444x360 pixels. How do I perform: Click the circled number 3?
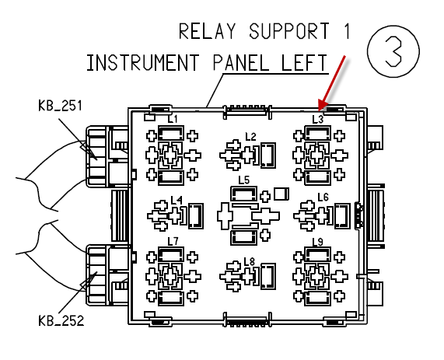[393, 51]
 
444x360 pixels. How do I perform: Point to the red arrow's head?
[322, 105]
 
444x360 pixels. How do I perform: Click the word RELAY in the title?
[208, 31]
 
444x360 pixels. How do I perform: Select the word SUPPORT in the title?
[289, 31]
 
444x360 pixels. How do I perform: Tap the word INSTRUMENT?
[143, 63]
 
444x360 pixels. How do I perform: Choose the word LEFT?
[304, 63]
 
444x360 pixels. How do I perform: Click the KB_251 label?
[60, 106]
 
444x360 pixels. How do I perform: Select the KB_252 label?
[61, 321]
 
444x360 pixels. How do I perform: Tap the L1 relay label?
[173, 119]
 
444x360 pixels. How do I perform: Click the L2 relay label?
[250, 137]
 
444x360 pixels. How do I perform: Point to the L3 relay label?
[318, 119]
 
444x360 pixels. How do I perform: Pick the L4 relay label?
[177, 201]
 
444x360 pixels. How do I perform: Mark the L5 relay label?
[244, 180]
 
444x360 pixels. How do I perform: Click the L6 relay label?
[323, 197]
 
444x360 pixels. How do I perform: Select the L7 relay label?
[173, 241]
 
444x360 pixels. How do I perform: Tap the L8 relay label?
[250, 261]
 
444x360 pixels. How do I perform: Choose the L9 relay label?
[318, 242]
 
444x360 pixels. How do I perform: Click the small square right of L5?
[281, 194]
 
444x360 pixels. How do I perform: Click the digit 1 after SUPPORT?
[348, 31]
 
